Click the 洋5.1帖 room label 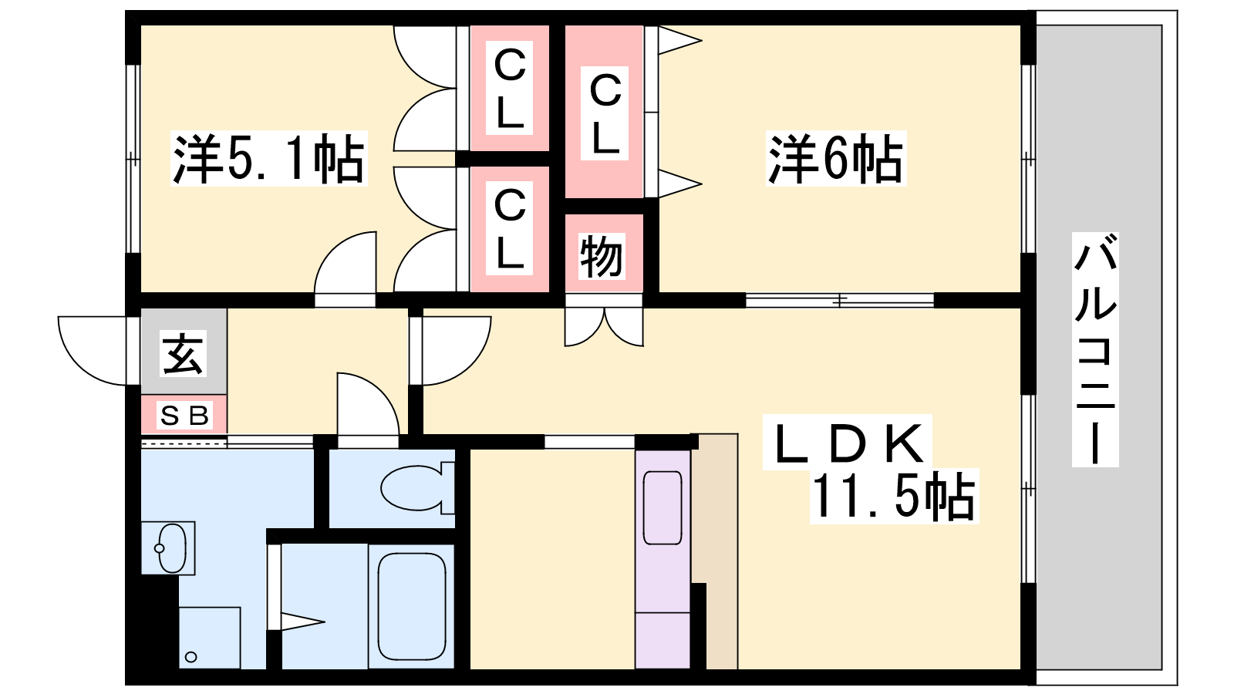pyautogui.click(x=268, y=159)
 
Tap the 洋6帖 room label pyautogui.click(x=835, y=159)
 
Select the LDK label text pyautogui.click(x=848, y=443)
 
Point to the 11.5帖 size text pyautogui.click(x=893, y=497)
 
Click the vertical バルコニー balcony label pyautogui.click(x=1095, y=349)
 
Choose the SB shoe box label pyautogui.click(x=184, y=416)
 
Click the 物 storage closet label pyautogui.click(x=602, y=255)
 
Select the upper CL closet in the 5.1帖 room pyautogui.click(x=509, y=88)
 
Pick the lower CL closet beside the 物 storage pyautogui.click(x=509, y=228)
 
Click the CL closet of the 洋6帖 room pyautogui.click(x=605, y=113)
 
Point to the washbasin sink pyautogui.click(x=170, y=547)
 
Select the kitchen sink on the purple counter pyautogui.click(x=663, y=507)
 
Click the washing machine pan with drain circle pyautogui.click(x=209, y=638)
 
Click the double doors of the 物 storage pyautogui.click(x=604, y=327)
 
